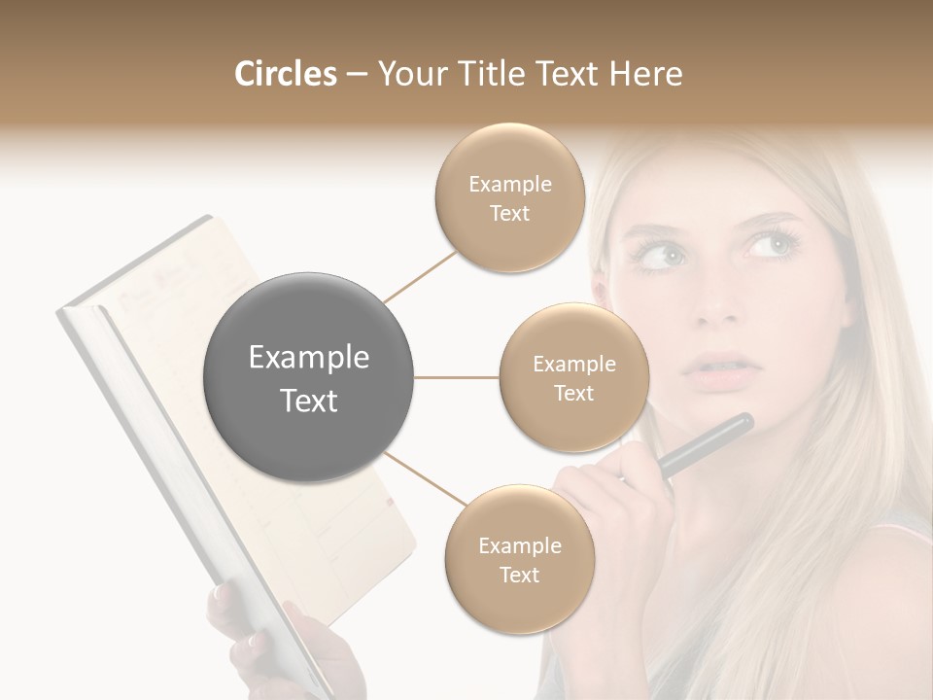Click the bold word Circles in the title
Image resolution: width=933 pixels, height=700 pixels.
click(285, 74)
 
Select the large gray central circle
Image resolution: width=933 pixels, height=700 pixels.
click(309, 377)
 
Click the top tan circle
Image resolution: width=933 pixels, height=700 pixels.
click(510, 198)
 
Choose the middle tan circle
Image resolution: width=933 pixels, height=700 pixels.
click(573, 377)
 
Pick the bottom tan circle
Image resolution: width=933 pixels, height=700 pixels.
click(519, 559)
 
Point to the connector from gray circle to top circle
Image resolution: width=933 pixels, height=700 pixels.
click(420, 275)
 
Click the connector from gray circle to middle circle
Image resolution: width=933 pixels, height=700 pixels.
click(457, 377)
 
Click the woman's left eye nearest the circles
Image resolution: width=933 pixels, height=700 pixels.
click(662, 256)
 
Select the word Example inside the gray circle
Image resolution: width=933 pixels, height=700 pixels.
click(309, 358)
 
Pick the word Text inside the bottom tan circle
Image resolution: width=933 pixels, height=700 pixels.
click(519, 575)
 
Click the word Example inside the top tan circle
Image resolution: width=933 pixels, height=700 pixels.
click(510, 184)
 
